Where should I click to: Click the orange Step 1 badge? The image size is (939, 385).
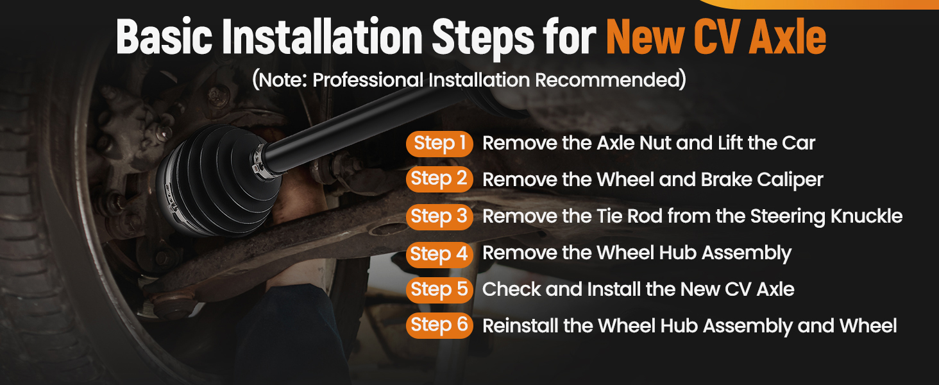tap(439, 144)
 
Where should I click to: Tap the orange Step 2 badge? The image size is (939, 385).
tap(439, 180)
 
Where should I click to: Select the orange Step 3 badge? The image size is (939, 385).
tap(439, 217)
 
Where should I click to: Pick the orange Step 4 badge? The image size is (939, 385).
tap(439, 255)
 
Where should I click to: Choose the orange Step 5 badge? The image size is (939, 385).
tap(439, 290)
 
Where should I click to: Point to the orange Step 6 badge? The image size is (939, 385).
tap(439, 325)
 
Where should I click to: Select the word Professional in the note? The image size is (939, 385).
tap(368, 80)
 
